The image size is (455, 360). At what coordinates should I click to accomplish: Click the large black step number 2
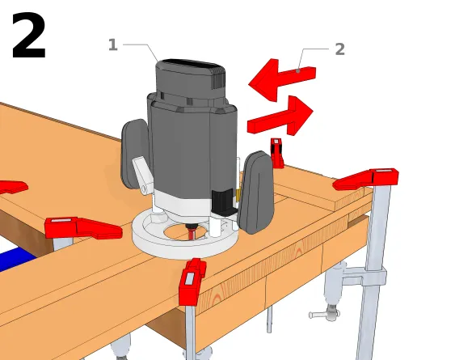(29, 36)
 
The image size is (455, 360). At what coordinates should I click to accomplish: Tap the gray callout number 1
(113, 44)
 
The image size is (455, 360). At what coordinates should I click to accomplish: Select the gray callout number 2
(339, 49)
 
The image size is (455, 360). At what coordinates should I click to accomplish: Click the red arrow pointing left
(281, 79)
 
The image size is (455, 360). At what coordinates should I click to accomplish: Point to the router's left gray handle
(134, 154)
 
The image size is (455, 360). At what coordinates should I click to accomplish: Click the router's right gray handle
(256, 193)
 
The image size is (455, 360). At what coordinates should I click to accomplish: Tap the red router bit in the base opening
(192, 231)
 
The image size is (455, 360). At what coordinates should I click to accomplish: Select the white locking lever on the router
(143, 174)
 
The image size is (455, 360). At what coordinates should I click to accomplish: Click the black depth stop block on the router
(223, 201)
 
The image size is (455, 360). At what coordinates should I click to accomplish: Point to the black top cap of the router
(191, 64)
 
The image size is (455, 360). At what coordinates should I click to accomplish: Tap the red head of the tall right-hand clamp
(366, 179)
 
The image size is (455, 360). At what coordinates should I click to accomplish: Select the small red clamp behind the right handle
(277, 153)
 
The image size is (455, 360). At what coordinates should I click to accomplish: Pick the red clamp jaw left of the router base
(82, 228)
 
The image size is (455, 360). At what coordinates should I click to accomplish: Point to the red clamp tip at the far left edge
(13, 187)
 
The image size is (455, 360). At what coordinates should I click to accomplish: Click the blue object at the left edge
(16, 259)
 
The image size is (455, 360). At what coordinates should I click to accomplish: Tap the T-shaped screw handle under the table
(324, 315)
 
